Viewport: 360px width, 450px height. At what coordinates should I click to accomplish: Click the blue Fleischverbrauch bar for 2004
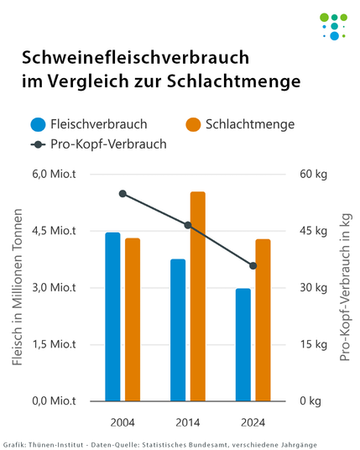point(112,317)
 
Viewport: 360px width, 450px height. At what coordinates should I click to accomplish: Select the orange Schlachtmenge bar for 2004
point(133,320)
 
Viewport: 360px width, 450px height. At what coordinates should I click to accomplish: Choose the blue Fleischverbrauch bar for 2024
point(243,345)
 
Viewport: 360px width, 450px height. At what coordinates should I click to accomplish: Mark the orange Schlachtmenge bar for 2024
point(263,320)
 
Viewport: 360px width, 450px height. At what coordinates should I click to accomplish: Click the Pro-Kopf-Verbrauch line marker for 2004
point(123,194)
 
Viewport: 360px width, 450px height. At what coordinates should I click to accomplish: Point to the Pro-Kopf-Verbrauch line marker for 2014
point(188,225)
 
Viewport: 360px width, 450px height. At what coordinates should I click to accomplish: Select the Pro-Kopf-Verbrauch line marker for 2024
point(253,266)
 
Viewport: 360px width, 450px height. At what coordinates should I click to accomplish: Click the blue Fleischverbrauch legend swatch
point(38,124)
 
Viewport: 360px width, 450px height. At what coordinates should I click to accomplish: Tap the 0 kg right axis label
point(309,401)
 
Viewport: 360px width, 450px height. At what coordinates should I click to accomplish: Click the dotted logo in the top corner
point(334,25)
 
